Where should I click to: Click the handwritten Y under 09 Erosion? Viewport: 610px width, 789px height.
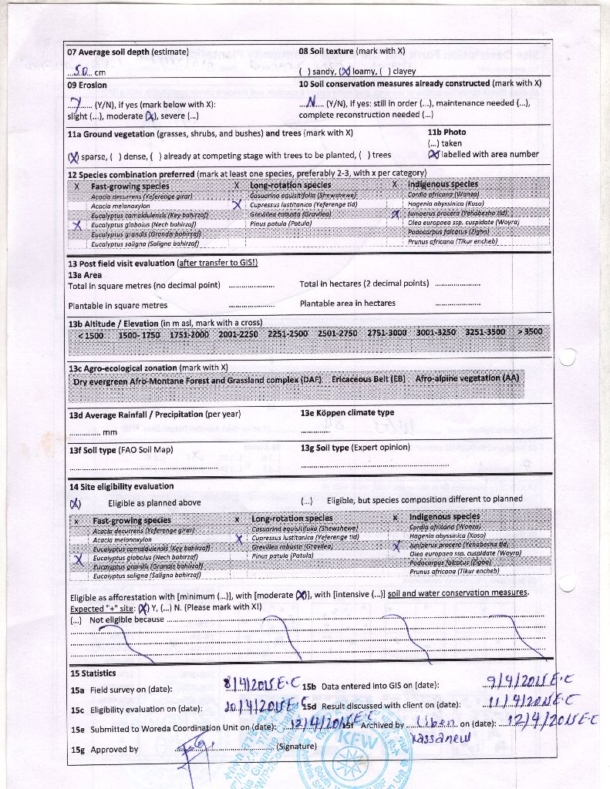[76, 104]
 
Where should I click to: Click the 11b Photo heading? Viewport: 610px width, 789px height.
[447, 133]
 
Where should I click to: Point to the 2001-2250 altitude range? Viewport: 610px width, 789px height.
[238, 334]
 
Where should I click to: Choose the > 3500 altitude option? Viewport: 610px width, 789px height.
[530, 332]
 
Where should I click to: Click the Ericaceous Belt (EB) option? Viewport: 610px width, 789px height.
[369, 380]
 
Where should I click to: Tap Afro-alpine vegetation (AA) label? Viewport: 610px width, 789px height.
[467, 379]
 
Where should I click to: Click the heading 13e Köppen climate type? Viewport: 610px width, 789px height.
[347, 413]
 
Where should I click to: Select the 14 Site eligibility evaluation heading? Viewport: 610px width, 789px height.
[121, 486]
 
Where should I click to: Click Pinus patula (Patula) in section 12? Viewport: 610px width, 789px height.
[277, 223]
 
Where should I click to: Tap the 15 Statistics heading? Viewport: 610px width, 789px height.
[93, 673]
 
